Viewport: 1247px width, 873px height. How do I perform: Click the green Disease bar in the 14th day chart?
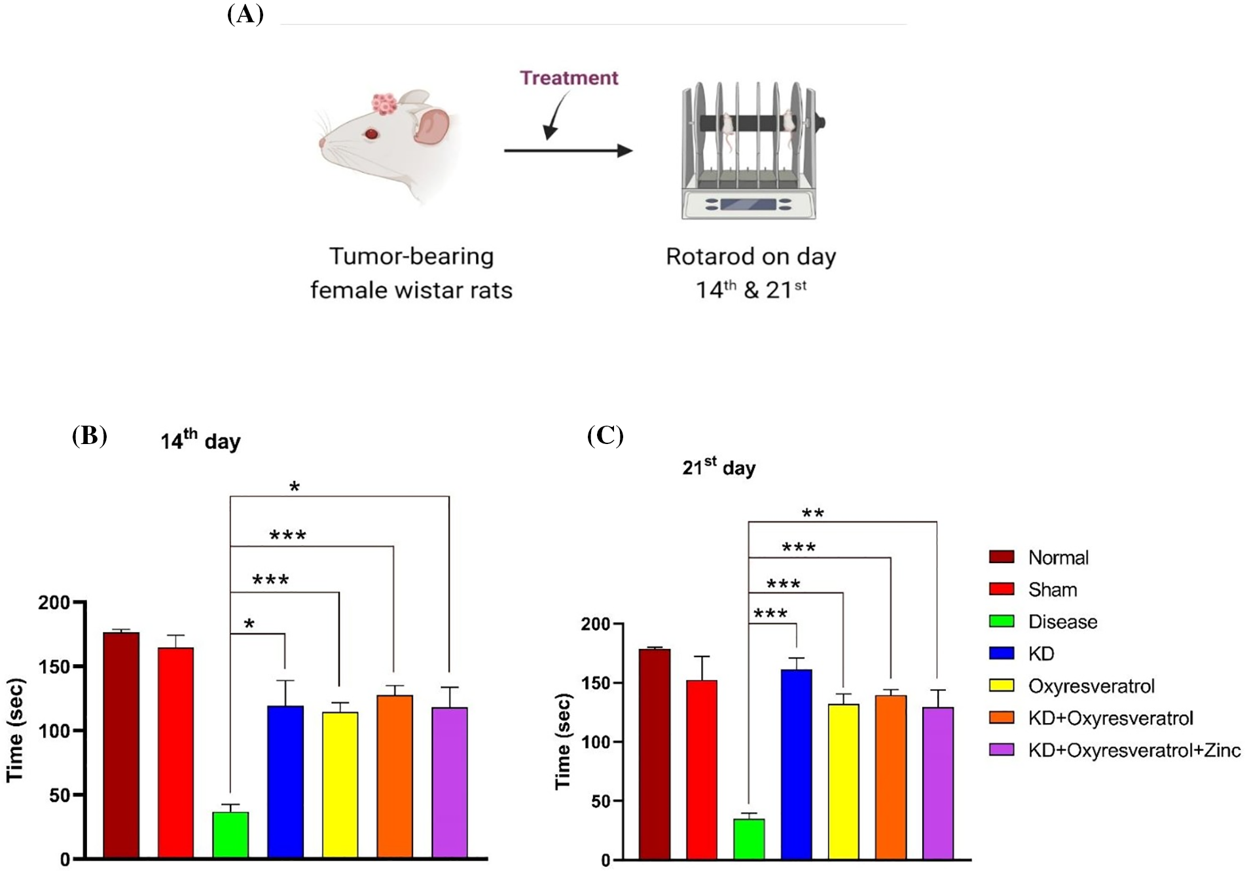point(230,834)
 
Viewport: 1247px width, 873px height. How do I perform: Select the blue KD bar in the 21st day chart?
point(796,764)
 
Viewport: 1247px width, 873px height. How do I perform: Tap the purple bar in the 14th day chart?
point(450,782)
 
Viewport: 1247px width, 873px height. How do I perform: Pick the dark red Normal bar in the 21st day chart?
point(655,753)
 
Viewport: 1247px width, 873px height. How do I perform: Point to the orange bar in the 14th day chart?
point(395,776)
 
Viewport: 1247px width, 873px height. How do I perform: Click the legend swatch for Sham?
point(1002,589)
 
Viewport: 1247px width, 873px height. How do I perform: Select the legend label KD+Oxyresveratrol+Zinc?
point(1134,750)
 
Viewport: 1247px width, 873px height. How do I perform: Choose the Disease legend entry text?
point(1062,622)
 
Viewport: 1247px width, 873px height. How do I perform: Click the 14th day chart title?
point(200,439)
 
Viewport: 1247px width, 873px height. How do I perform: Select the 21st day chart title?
point(719,467)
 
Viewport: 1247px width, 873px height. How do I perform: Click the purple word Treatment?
point(568,78)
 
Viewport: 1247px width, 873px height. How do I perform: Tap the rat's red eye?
point(372,134)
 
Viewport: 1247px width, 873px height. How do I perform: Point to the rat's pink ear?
point(431,126)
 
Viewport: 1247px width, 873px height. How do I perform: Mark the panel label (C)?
point(605,435)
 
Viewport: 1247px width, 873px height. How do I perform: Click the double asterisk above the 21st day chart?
point(812,513)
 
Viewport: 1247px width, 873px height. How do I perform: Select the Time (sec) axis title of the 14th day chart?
point(16,730)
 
